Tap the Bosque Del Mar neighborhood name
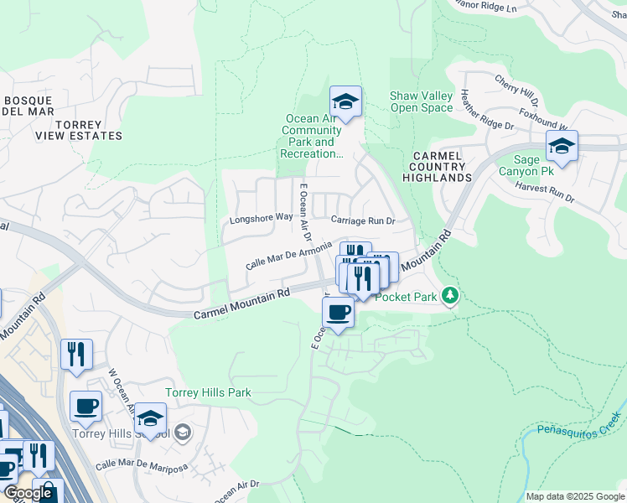click(x=28, y=106)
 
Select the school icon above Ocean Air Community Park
click(x=345, y=102)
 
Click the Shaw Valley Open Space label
click(x=421, y=101)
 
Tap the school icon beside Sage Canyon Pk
click(x=562, y=147)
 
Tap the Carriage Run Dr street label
click(x=362, y=220)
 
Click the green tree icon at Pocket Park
click(x=450, y=295)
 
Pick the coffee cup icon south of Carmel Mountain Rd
click(x=338, y=312)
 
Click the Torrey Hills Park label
click(x=208, y=392)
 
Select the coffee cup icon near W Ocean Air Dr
click(x=85, y=407)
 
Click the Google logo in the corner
click(x=28, y=494)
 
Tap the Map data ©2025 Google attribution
click(x=575, y=496)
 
